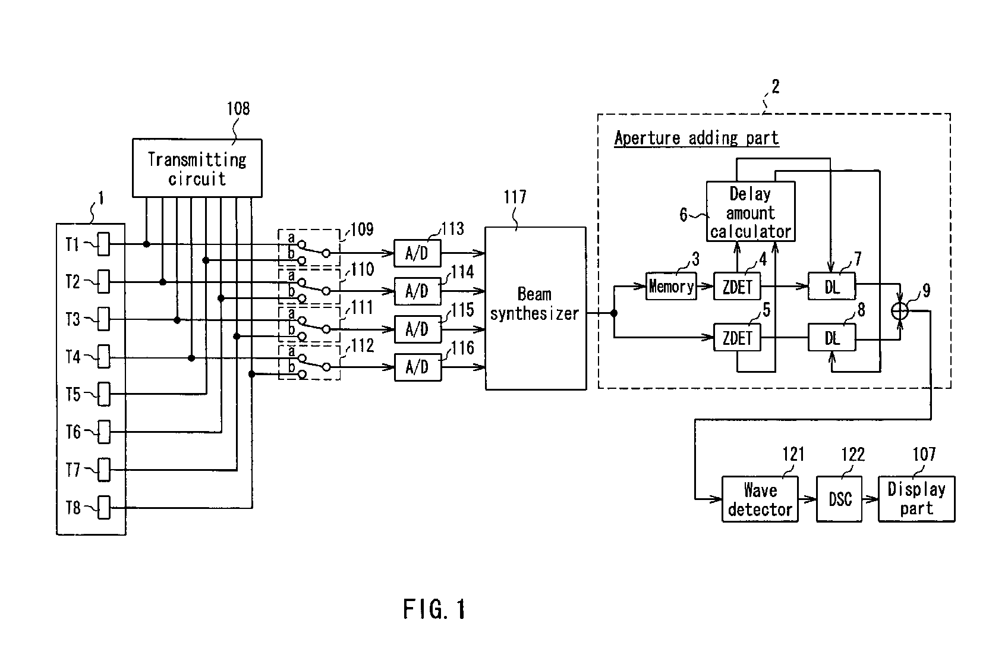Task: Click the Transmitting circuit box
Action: [x=197, y=168]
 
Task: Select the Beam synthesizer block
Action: [x=535, y=308]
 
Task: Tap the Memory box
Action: [x=671, y=287]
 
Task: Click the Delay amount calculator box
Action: [x=751, y=212]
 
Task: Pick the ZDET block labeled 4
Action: [x=737, y=287]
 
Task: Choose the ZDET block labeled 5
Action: [x=737, y=338]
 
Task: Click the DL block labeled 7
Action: [x=831, y=287]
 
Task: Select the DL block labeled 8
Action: [x=831, y=338]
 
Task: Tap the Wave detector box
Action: [x=760, y=499]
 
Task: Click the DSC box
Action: [x=839, y=499]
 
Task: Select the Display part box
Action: [x=916, y=499]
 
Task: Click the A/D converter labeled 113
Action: [x=418, y=253]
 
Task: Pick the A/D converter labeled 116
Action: [x=418, y=367]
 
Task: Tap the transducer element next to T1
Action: [x=104, y=244]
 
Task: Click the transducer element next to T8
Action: [x=104, y=508]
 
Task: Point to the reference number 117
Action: [x=515, y=197]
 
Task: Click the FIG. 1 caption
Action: [x=434, y=609]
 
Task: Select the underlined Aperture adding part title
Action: [x=696, y=139]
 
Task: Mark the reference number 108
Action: [x=238, y=109]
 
